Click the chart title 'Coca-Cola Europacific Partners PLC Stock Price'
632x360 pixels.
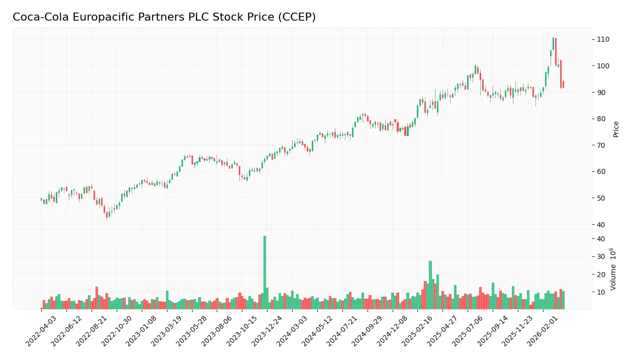[x=146, y=17]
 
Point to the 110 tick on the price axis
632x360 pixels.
[x=603, y=39]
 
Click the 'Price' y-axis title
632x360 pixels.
[x=616, y=129]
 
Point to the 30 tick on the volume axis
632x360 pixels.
[x=601, y=256]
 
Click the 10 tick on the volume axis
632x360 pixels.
[x=601, y=292]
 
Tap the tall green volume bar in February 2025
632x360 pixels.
[x=430, y=285]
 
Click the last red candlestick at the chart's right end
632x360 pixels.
[x=563, y=84]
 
